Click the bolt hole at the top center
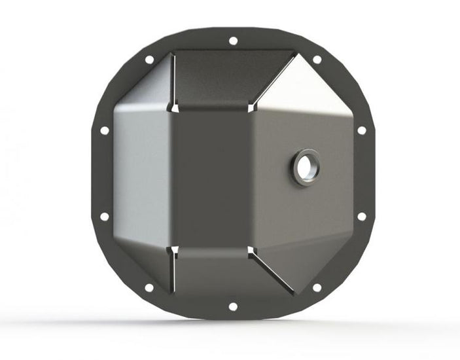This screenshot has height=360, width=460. (x=233, y=41)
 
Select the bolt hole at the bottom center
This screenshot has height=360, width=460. (x=233, y=306)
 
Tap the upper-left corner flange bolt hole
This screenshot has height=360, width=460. (x=149, y=60)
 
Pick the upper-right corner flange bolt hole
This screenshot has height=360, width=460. (x=317, y=60)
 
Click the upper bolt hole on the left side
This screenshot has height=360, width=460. (x=104, y=130)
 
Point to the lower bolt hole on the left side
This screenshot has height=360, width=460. (x=104, y=217)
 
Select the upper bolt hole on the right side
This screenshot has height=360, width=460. (x=361, y=130)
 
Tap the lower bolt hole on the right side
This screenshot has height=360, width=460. (x=361, y=217)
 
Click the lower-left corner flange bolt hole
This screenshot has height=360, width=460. (x=149, y=287)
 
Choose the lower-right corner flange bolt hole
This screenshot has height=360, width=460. (x=317, y=287)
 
